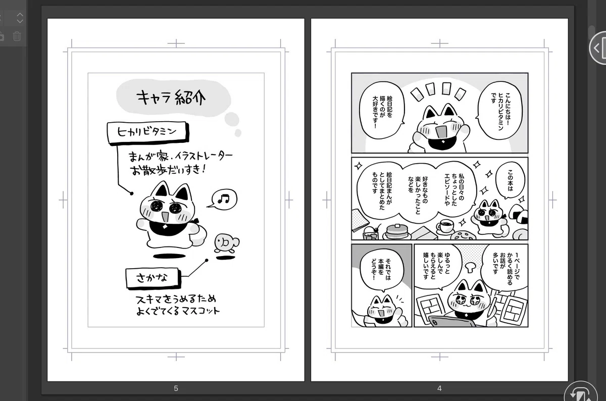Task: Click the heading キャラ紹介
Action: (x=171, y=97)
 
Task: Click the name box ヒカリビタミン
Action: (x=147, y=132)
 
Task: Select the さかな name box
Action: (x=153, y=278)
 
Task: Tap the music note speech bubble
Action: (x=223, y=199)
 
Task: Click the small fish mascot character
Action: (x=226, y=243)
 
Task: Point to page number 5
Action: (x=176, y=388)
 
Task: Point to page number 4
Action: (x=439, y=388)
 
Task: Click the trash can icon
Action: (x=17, y=36)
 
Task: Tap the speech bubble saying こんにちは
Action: (x=500, y=111)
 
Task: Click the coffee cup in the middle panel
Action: (x=445, y=226)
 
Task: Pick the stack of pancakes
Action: (x=396, y=232)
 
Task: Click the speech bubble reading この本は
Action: (x=510, y=180)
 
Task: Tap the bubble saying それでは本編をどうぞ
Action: (x=381, y=271)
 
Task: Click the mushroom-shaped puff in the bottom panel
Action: (x=471, y=267)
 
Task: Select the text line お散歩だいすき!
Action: (x=168, y=170)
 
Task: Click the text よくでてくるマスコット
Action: (x=178, y=311)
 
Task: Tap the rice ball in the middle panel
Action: (x=518, y=214)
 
